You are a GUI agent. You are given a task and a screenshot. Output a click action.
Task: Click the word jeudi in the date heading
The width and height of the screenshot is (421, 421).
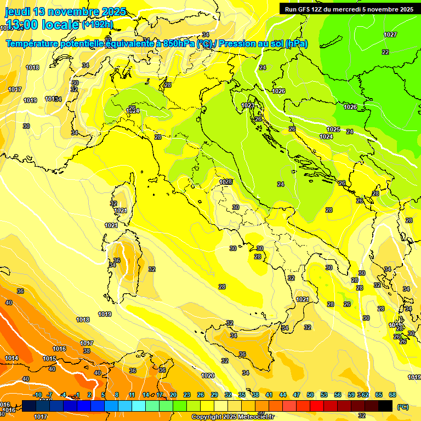point(18,12)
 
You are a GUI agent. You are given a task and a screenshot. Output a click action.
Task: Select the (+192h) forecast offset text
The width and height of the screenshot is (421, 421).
point(98,24)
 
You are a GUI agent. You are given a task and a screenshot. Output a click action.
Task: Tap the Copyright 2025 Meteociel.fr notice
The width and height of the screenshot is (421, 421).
point(233,417)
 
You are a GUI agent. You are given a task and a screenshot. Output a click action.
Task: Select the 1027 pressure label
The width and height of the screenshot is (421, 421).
point(390,35)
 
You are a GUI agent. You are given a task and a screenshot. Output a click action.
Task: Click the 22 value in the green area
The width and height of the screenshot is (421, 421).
point(385,52)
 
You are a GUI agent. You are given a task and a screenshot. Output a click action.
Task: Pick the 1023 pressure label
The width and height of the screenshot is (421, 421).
point(248,105)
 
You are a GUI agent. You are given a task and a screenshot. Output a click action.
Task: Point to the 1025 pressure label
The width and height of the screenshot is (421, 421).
point(333,129)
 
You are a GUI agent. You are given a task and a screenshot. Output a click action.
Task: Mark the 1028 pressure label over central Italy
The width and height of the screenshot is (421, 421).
point(226,182)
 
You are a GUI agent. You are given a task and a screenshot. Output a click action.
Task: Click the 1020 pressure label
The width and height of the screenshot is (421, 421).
point(208,376)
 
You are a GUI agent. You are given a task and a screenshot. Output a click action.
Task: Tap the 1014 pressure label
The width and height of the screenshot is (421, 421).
point(12,358)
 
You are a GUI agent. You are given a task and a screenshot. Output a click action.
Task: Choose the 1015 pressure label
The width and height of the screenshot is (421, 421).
point(49,359)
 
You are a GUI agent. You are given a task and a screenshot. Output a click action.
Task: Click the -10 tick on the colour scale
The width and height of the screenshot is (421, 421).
point(37,395)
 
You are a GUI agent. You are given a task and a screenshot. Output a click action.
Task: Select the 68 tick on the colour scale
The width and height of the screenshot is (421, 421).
point(392,395)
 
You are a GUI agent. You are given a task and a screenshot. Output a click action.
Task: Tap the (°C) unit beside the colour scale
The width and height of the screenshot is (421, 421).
point(402,407)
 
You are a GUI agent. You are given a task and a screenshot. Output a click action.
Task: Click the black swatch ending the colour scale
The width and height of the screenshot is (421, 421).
point(386,406)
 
